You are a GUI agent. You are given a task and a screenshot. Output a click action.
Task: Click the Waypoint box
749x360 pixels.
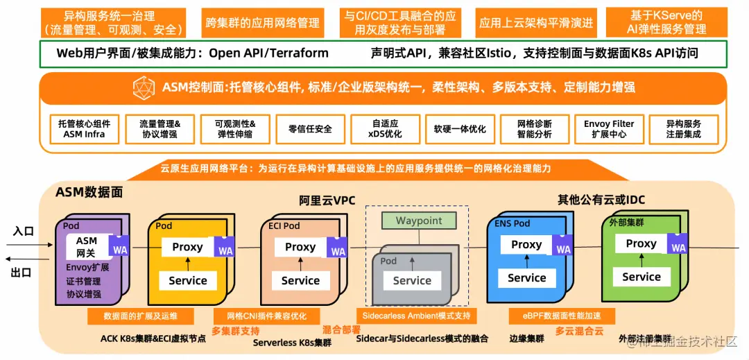419,221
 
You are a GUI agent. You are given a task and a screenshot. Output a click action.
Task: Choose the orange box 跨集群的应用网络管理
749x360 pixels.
263,23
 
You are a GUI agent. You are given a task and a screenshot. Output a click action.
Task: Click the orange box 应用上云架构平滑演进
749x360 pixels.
536,23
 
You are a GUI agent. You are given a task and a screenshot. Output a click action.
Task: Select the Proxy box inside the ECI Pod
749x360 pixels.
300,247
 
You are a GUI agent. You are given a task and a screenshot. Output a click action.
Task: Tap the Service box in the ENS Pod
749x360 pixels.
526,278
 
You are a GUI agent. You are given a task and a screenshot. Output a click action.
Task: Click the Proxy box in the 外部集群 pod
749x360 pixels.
641,244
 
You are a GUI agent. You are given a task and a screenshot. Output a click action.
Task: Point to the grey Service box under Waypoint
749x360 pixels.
412,281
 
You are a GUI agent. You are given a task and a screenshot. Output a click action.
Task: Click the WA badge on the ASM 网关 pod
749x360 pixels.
120,248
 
